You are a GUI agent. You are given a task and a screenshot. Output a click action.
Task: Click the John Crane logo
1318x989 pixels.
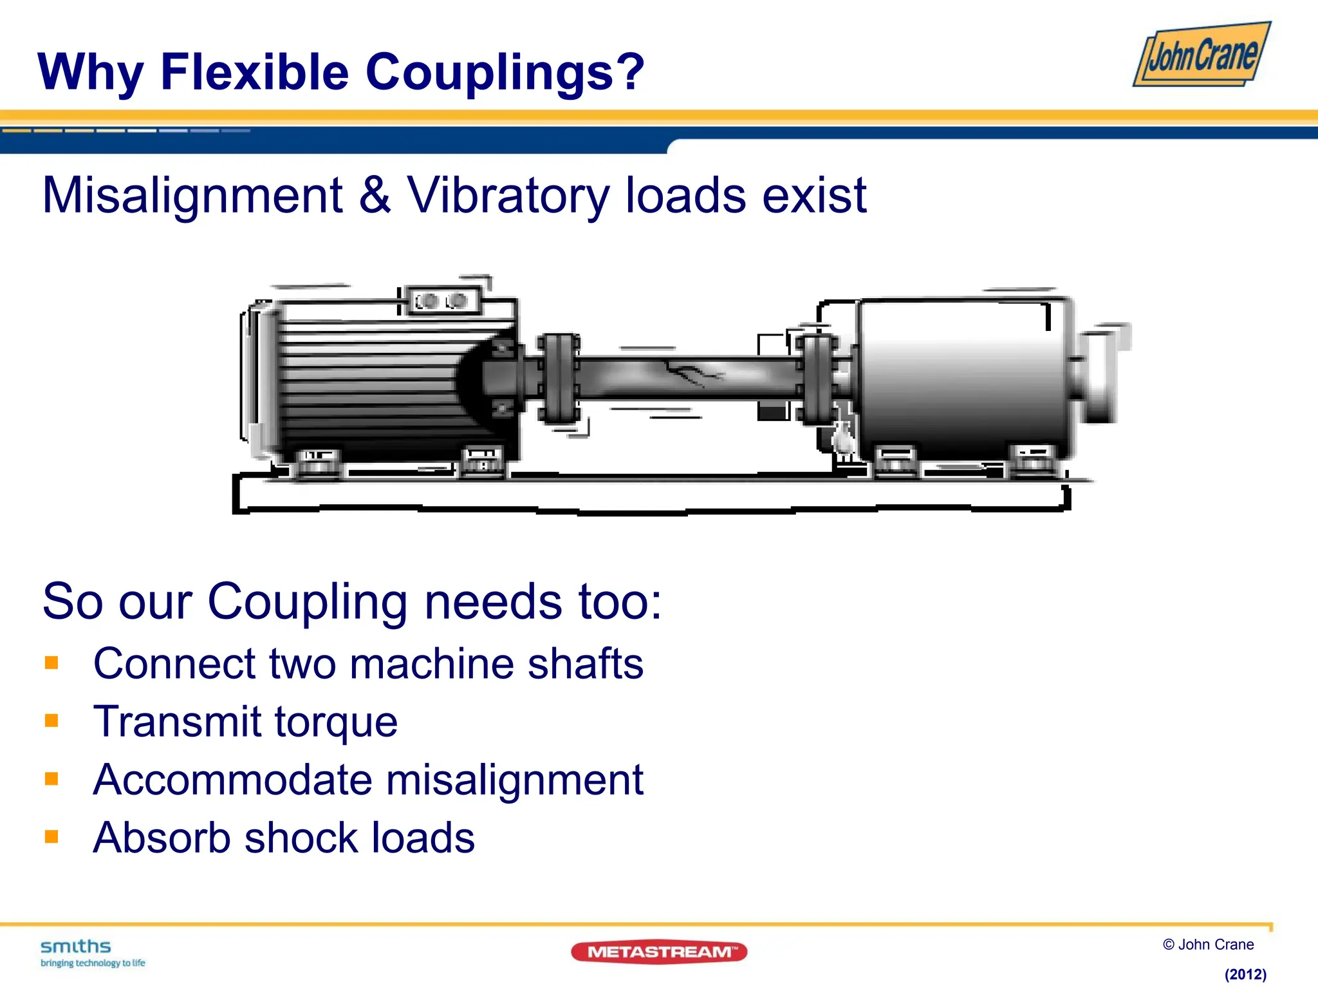(1202, 55)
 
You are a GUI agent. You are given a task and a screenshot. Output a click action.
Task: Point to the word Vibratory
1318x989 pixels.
(508, 196)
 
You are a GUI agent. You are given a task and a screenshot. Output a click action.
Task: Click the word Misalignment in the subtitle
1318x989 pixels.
(192, 196)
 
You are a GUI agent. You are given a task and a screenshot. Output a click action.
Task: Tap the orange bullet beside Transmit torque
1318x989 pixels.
(51, 721)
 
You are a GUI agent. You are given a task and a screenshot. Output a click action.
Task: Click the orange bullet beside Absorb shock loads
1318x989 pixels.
(51, 836)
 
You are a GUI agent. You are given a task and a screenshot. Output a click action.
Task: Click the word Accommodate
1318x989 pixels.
(232, 780)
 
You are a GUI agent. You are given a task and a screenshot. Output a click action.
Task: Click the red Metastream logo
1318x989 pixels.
(658, 952)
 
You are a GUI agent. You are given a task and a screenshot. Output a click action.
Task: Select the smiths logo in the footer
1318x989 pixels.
(76, 947)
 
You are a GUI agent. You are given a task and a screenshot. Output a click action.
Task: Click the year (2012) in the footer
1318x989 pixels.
(1245, 974)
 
